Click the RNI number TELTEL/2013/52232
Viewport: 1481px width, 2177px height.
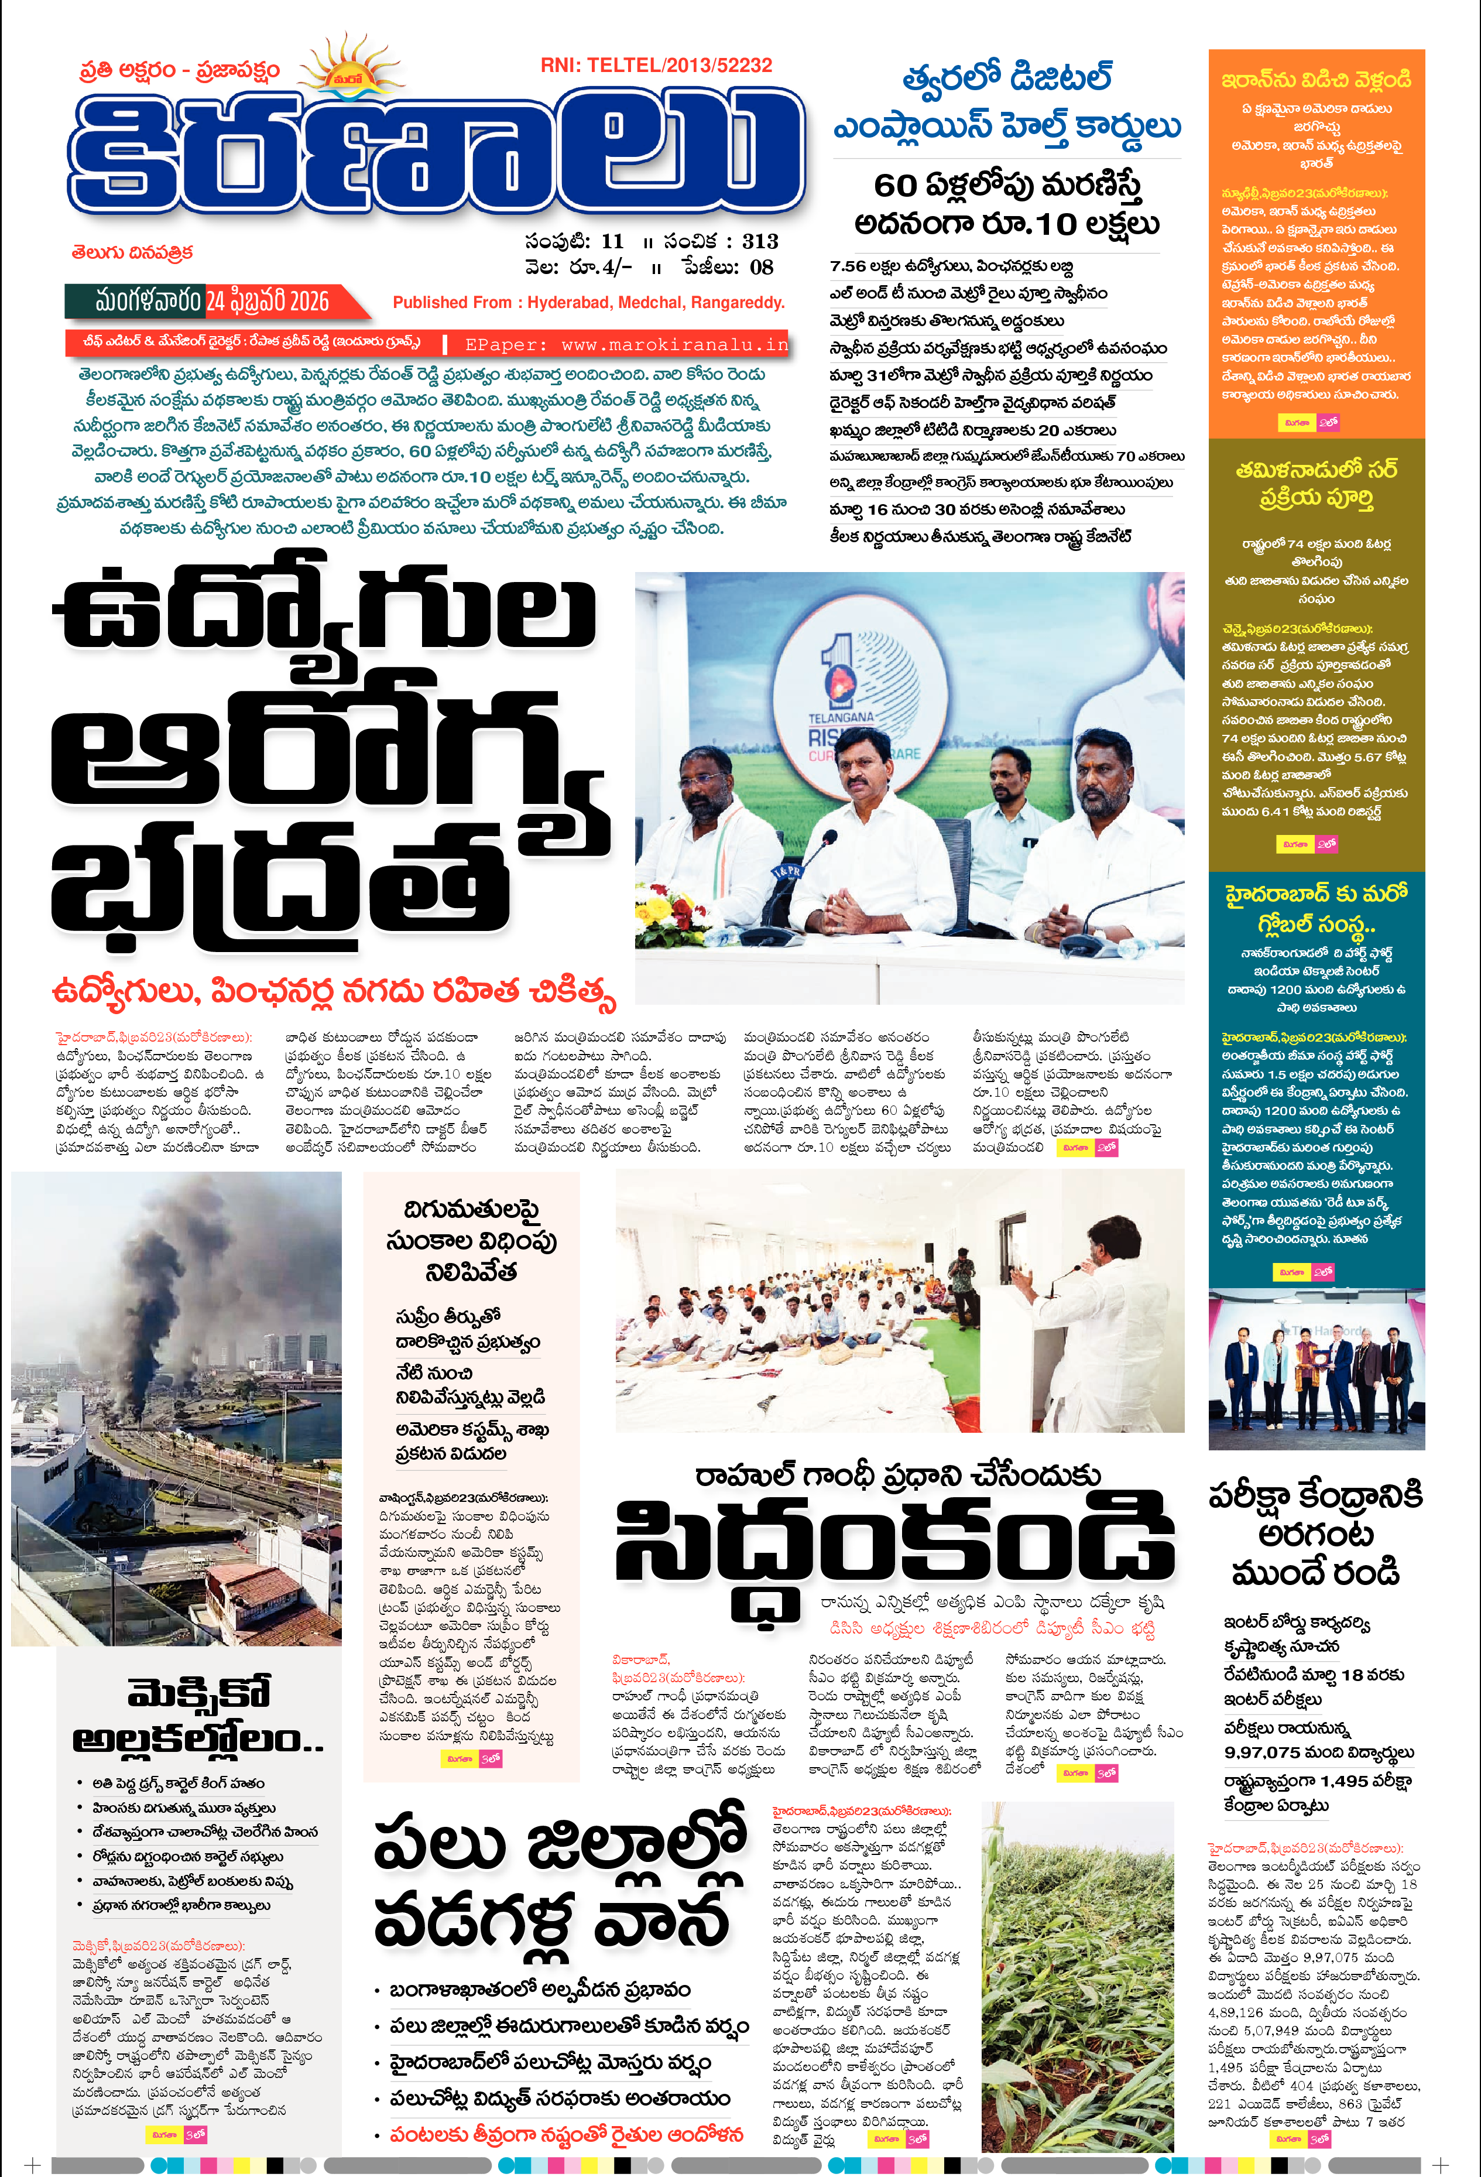pos(656,66)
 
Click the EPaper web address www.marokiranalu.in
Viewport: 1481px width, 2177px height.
pos(627,345)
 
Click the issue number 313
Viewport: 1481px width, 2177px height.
pos(760,242)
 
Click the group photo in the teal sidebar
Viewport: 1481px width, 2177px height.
pos(1316,1370)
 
